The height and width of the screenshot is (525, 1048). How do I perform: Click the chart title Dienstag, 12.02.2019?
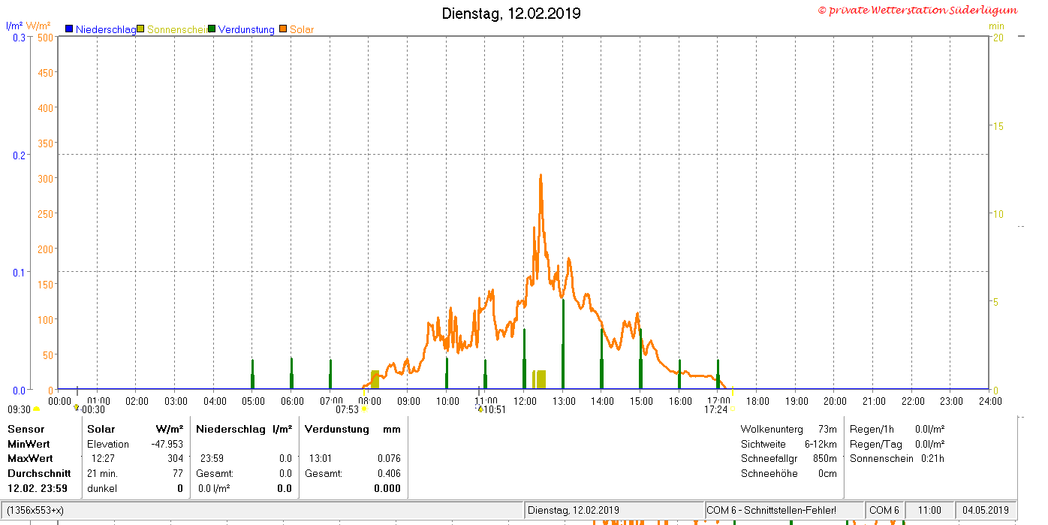coord(511,14)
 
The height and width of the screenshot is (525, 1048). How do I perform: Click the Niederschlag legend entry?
coord(101,29)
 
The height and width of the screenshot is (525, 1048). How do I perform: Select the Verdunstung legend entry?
coord(242,29)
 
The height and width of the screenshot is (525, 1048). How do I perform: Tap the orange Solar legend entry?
coord(297,29)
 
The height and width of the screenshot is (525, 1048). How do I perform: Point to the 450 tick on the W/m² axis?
coord(45,73)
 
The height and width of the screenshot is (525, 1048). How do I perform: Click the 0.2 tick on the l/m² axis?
coord(19,155)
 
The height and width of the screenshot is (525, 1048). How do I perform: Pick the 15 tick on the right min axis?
coord(998,126)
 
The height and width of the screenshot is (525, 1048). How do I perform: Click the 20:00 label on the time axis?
coord(835,402)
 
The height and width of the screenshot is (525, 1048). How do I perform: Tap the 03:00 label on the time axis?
coord(176,402)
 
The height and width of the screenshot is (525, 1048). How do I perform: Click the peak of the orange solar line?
coord(541,175)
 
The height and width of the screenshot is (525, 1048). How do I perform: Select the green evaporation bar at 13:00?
coord(563,344)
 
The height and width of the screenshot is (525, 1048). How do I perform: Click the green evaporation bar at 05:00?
coord(253,374)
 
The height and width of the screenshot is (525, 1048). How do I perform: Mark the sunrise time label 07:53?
coord(347,410)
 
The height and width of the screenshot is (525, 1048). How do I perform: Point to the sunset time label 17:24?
coord(716,410)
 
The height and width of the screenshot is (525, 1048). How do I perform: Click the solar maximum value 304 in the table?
coord(176,459)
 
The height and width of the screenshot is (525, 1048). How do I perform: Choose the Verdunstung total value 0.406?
coord(389,473)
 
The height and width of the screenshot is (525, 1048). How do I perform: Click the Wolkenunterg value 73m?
coord(827,429)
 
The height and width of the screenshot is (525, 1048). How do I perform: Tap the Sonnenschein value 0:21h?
coord(932,459)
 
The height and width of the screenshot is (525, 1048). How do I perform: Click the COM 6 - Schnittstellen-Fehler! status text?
coord(771,510)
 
